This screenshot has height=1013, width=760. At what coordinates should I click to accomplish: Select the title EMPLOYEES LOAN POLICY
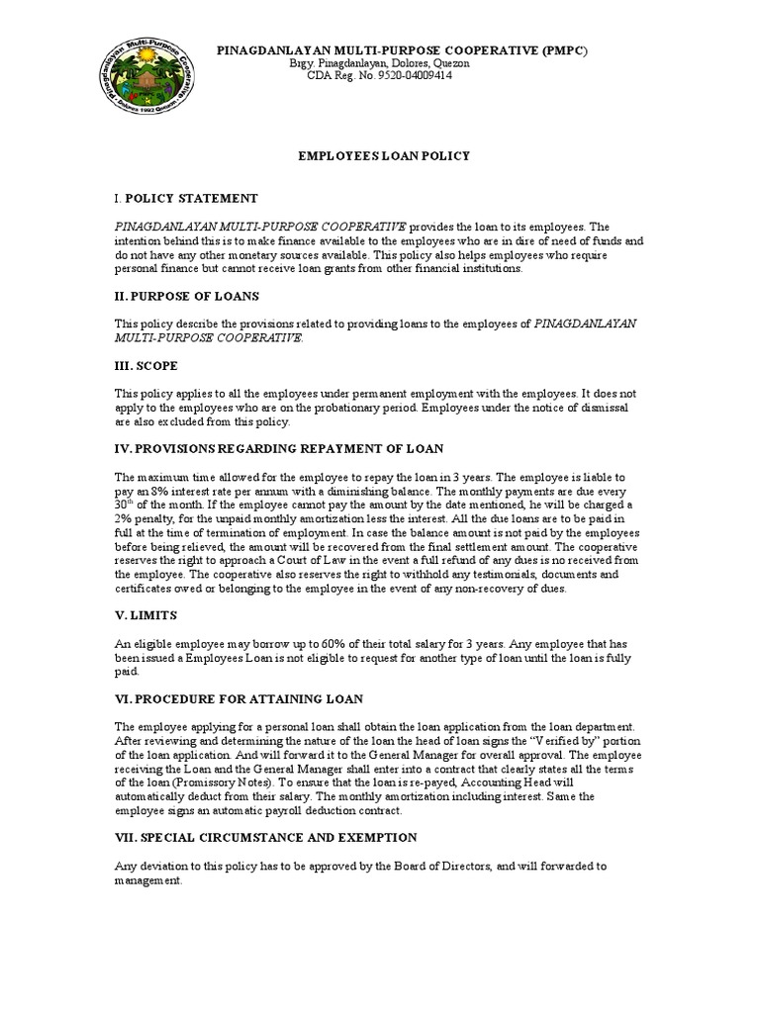click(379, 156)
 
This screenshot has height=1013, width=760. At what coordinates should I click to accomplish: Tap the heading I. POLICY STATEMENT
click(186, 199)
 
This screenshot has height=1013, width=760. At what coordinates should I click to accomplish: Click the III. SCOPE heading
click(146, 365)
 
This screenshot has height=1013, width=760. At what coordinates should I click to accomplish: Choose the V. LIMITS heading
click(146, 614)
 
